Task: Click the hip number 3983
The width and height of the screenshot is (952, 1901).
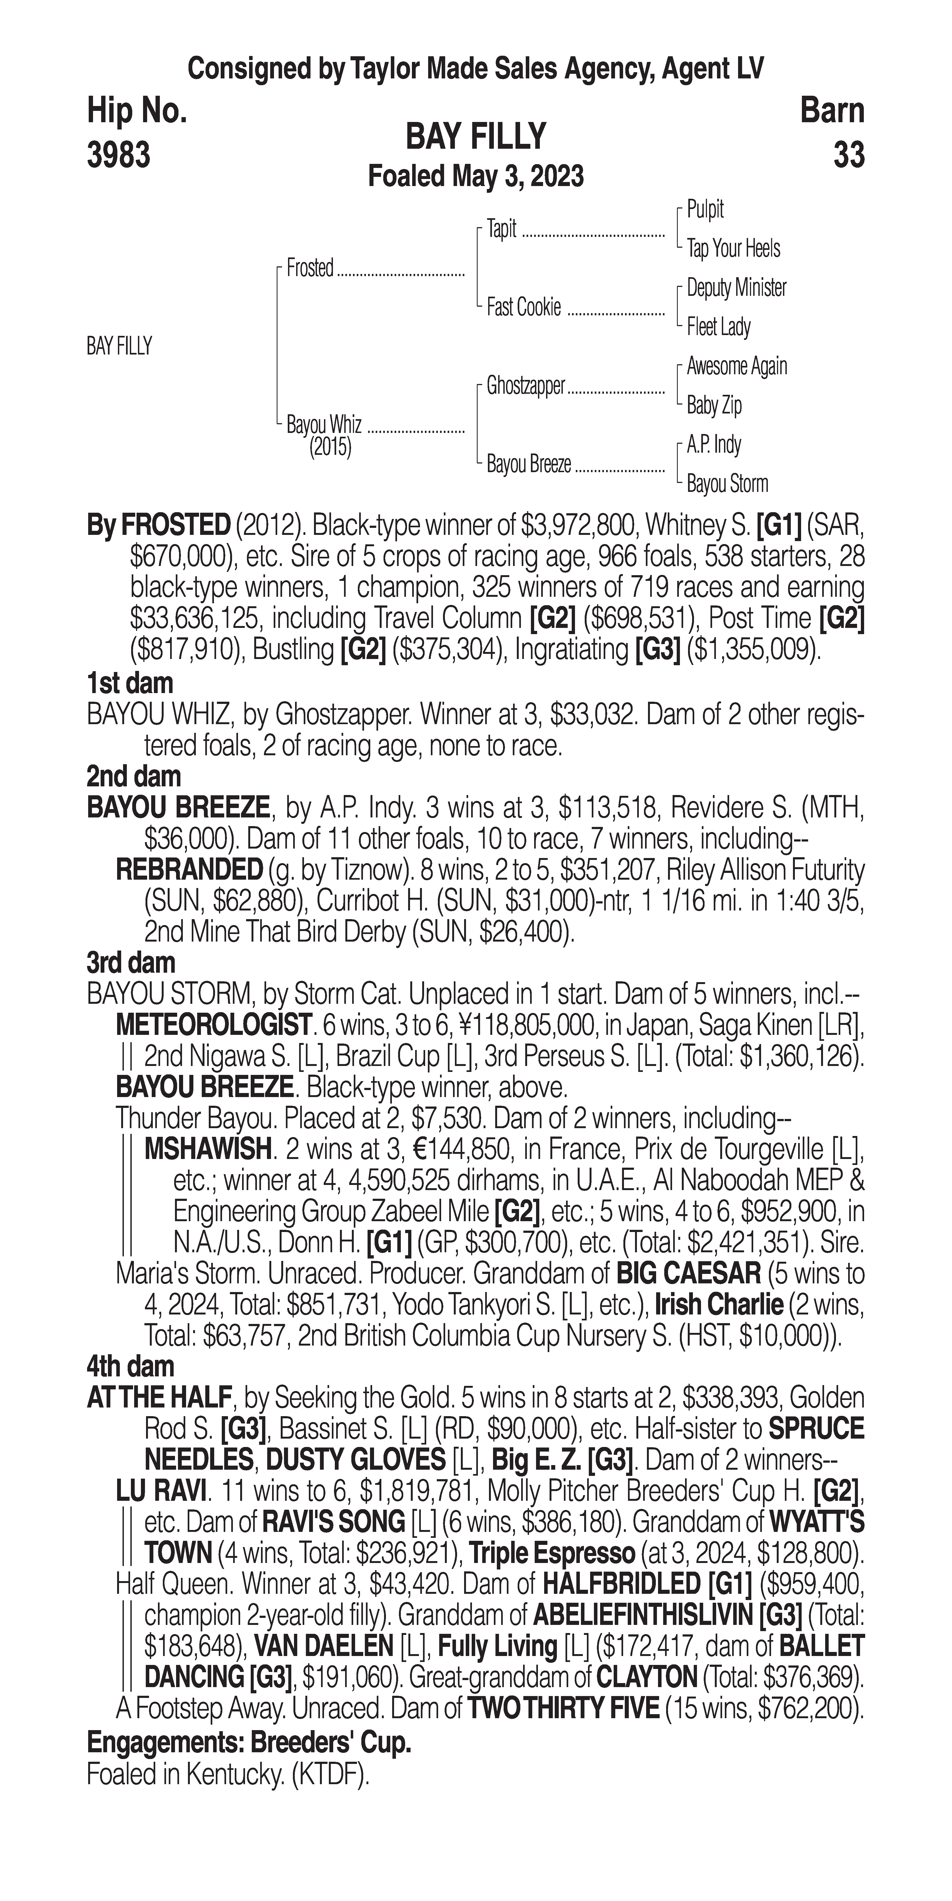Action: (119, 155)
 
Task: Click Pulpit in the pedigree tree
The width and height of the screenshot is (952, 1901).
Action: (705, 210)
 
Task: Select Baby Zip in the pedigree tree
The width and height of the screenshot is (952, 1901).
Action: (714, 405)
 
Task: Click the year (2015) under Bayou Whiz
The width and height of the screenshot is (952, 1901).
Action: (330, 447)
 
